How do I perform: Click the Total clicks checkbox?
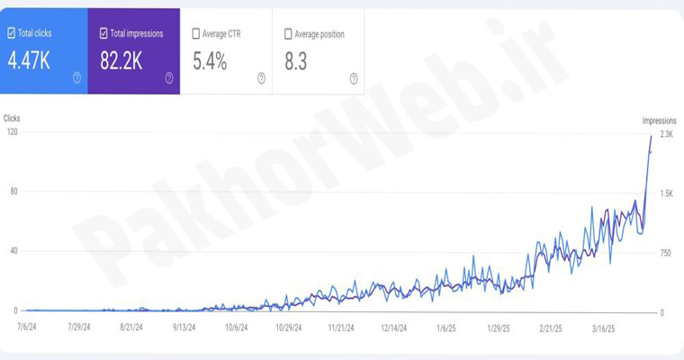tap(12, 33)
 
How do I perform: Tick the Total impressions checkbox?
tap(103, 33)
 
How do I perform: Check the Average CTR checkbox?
tap(196, 34)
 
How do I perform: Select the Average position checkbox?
tap(288, 34)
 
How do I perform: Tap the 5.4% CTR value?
tap(210, 61)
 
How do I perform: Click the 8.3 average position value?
tap(296, 61)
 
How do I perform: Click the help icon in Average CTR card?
tap(261, 78)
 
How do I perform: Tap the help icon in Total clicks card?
tap(76, 78)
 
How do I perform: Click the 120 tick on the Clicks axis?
tap(12, 132)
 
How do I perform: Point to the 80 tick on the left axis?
tap(13, 192)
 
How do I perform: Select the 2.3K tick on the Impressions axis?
tap(666, 134)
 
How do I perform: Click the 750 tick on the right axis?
tap(666, 253)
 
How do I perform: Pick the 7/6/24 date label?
tap(26, 328)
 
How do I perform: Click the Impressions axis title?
tap(659, 121)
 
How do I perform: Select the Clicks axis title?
tap(12, 118)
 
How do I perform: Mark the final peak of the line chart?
tap(652, 135)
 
